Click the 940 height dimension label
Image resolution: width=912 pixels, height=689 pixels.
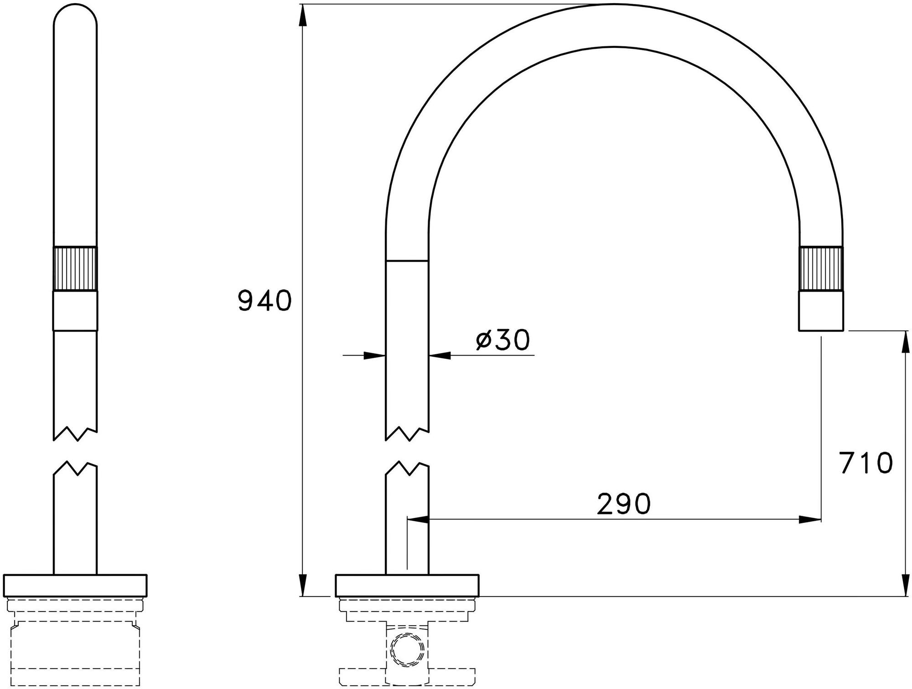point(264,301)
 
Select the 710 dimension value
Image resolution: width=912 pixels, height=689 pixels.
point(866,463)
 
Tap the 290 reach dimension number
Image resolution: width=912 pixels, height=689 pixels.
point(624,503)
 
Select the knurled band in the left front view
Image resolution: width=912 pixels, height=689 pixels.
point(75,269)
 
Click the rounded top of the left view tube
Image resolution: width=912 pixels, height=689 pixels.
point(75,18)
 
